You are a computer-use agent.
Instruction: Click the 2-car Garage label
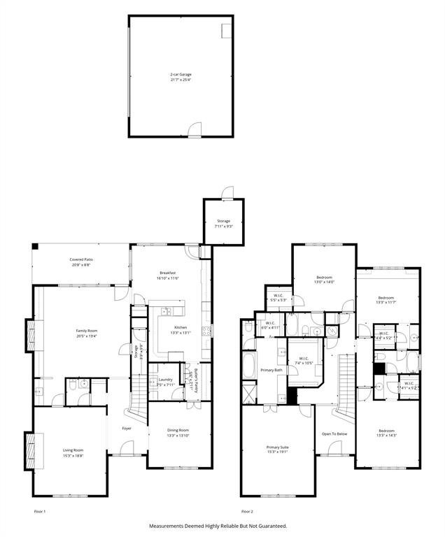180,74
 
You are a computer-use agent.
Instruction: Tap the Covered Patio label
81,259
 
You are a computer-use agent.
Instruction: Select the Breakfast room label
167,273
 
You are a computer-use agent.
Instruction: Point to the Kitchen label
181,327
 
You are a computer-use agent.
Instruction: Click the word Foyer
127,428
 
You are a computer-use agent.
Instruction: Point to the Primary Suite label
277,446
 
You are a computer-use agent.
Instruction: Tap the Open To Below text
334,434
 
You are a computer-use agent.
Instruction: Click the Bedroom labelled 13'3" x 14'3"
387,431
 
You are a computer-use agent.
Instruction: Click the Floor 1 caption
40,512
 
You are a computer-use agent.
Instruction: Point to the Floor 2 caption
247,512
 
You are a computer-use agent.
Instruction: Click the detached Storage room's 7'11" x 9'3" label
223,225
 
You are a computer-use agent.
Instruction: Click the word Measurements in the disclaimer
166,525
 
